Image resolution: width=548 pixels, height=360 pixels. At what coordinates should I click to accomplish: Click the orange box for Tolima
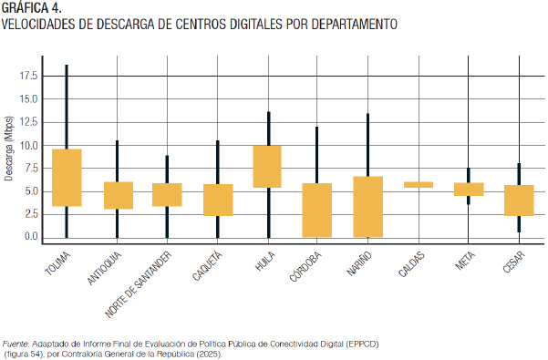coord(67,178)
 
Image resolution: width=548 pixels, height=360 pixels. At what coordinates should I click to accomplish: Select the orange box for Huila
coord(267,167)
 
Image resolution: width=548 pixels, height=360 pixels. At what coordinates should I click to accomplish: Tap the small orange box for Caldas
coord(419,185)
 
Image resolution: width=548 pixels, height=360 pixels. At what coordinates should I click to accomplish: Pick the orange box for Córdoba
coord(317,211)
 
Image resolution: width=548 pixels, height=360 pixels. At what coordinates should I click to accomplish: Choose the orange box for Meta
coord(469,190)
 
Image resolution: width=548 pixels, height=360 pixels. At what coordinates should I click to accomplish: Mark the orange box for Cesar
coord(519,201)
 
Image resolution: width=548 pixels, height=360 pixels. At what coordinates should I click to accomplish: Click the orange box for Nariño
coord(368,207)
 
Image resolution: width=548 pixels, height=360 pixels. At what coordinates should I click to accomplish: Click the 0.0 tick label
coord(31,236)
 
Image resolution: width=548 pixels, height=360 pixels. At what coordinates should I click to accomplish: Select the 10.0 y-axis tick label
coord(28,145)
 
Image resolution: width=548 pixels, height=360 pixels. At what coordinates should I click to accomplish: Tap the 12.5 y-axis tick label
coord(28,122)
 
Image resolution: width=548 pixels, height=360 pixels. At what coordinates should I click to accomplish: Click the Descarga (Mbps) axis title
coord(9,149)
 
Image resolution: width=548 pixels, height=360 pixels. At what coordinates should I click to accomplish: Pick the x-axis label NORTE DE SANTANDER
coord(139,284)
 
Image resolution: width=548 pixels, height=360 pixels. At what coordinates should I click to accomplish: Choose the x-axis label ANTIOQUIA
coord(104,268)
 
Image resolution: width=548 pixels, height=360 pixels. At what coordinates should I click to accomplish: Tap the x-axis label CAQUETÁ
coord(207,266)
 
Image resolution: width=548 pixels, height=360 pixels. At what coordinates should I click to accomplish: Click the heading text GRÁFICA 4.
coord(31,7)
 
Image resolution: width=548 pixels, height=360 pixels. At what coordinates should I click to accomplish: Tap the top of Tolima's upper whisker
coord(67,65)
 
